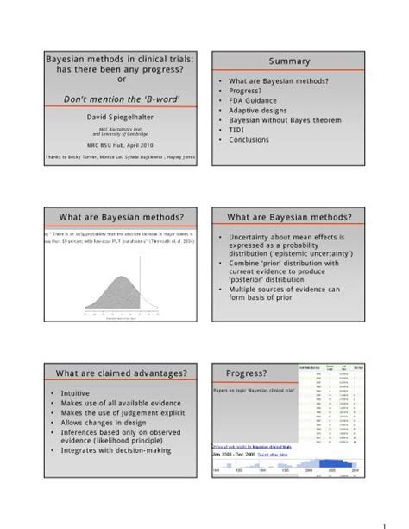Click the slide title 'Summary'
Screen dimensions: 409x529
point(288,63)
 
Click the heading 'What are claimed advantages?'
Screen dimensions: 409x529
point(117,373)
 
